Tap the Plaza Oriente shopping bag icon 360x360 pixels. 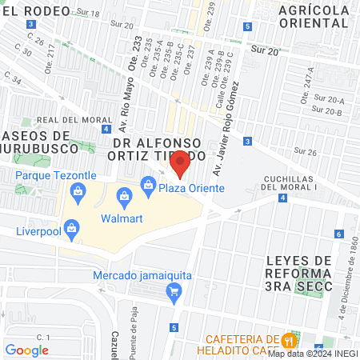tap(148, 186)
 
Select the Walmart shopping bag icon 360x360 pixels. tap(124, 196)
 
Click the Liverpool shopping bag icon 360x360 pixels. tap(73, 227)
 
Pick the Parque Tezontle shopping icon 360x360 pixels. tap(78, 190)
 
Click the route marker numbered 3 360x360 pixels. tap(247, 142)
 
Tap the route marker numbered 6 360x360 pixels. tap(339, 234)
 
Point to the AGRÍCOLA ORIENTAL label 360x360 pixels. tap(313, 16)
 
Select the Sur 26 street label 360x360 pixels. tap(305, 150)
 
